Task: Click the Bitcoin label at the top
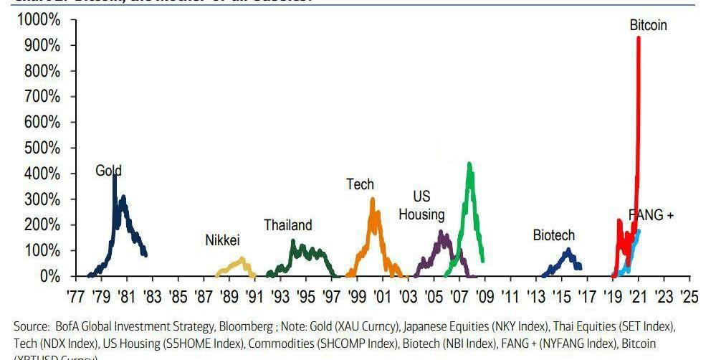click(x=648, y=25)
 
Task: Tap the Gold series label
click(x=108, y=171)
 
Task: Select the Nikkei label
click(x=222, y=240)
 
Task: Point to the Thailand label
click(x=287, y=225)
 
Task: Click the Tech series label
click(x=360, y=184)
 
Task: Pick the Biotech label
click(x=553, y=235)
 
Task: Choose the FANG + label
click(x=651, y=215)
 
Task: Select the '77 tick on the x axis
click(x=77, y=296)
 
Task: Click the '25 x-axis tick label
click(x=689, y=296)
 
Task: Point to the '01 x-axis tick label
click(x=382, y=296)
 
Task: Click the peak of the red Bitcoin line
click(x=638, y=38)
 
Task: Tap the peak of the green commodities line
click(x=469, y=164)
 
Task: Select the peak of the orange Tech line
click(x=373, y=199)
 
